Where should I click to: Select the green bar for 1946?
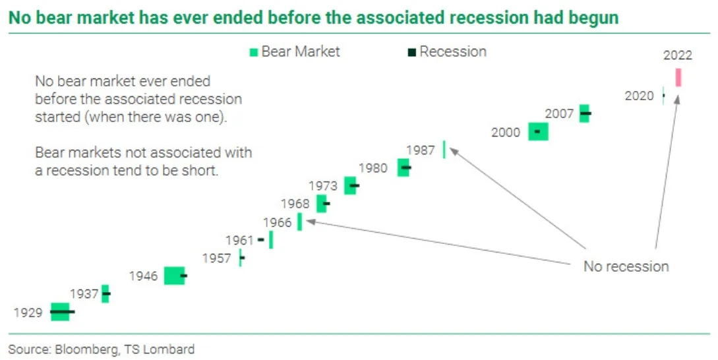[x=174, y=276]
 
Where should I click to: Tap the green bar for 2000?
[x=538, y=132]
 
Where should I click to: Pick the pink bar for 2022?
[x=678, y=77]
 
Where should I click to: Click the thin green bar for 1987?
[x=444, y=150]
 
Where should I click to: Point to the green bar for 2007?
[x=584, y=113]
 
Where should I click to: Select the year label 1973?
[x=323, y=186]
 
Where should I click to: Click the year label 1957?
[x=217, y=258]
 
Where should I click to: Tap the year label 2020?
[x=639, y=96]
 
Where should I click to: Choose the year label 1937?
[x=84, y=293]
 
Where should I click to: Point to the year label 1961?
[x=240, y=241]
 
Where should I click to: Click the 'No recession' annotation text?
[x=626, y=266]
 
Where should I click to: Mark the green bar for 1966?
[x=300, y=222]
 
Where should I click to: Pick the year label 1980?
[x=373, y=168]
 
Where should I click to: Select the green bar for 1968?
[x=321, y=204]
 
